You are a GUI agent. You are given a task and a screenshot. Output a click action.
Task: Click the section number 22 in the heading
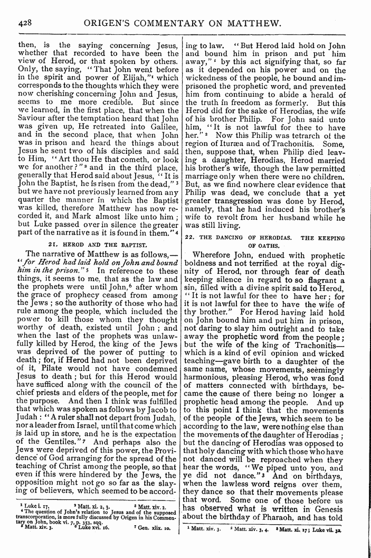[x=189, y=238]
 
